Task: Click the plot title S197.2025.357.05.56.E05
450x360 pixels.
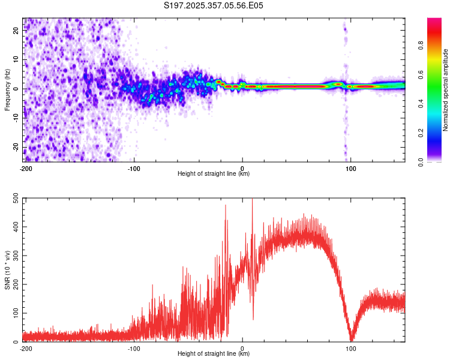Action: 214,5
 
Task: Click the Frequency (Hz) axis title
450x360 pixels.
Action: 8,90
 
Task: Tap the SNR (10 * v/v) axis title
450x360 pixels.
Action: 8,270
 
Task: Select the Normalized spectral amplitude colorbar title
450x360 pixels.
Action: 445,90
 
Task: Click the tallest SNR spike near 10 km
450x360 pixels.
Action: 252,199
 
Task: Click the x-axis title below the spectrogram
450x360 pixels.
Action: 214,174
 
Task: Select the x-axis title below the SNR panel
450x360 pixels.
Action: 214,354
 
